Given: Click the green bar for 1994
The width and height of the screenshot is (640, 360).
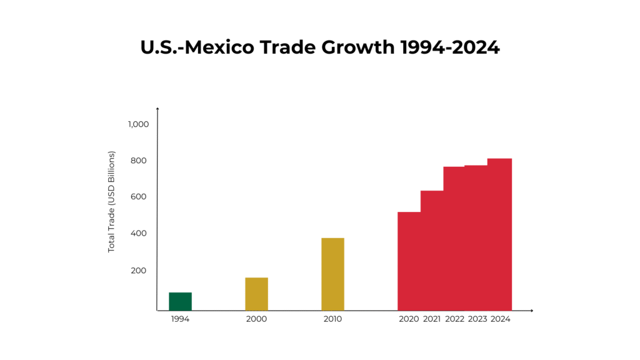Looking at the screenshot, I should (x=180, y=301).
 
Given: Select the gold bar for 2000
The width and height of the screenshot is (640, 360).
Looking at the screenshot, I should (x=256, y=294).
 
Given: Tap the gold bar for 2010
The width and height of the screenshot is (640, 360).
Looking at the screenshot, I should (x=332, y=274).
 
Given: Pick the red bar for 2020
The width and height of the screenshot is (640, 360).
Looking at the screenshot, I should (x=409, y=261).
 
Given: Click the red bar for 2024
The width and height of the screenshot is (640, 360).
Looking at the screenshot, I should (x=500, y=234).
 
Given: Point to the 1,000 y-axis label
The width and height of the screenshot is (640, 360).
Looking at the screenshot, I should (x=138, y=124).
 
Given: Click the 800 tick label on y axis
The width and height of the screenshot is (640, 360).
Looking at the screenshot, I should (x=138, y=161).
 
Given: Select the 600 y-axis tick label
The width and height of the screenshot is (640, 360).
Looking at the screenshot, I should (x=138, y=197).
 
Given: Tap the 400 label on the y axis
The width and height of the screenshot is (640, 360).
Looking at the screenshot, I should (x=138, y=233).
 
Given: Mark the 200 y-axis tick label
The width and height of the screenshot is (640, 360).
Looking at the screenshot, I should (x=138, y=270).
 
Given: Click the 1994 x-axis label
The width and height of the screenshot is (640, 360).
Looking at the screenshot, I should (x=180, y=319).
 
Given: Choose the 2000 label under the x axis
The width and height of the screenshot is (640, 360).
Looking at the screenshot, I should (x=256, y=319).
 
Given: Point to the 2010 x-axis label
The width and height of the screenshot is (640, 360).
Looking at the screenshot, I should (x=332, y=319).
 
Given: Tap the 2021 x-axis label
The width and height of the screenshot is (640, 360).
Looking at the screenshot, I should (x=432, y=319).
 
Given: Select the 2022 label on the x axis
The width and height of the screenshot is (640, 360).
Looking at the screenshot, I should (x=455, y=319).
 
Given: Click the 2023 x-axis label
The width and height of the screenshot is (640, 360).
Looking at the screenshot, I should (x=477, y=319).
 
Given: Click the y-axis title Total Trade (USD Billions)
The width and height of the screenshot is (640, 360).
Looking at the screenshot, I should (x=112, y=201).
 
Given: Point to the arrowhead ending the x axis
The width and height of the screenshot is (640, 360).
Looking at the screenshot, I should (x=531, y=310).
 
